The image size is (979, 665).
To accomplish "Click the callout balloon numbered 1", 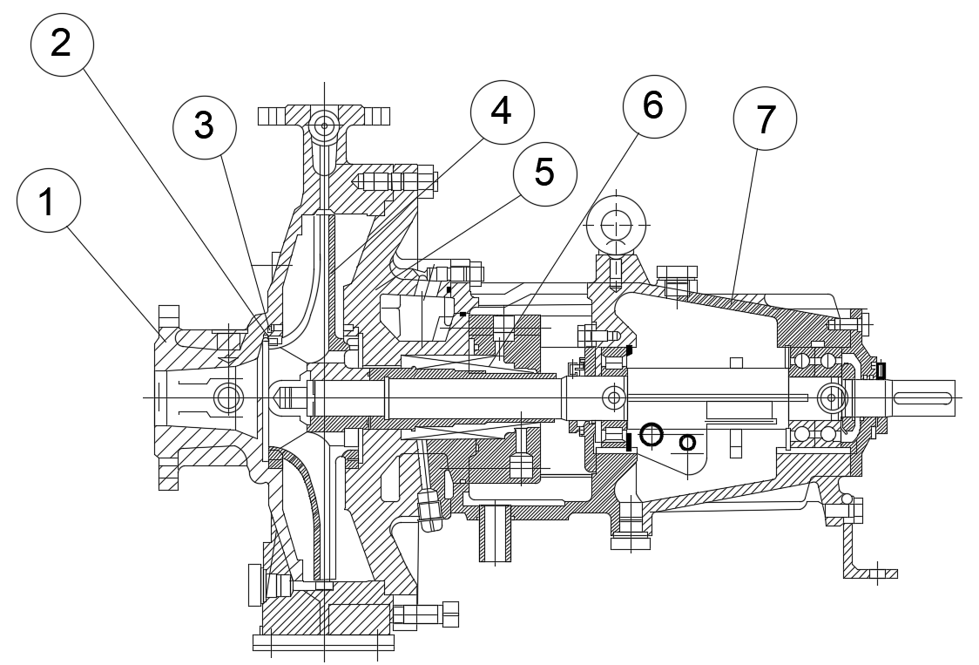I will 49,200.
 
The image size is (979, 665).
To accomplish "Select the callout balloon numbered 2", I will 62,42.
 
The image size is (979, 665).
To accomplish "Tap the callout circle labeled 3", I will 204,126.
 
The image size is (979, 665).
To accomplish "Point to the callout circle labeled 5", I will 544,173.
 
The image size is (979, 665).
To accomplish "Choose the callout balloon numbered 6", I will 653,105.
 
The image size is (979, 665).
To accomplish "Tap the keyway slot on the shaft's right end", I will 921,398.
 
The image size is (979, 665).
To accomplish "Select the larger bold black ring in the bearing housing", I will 651,433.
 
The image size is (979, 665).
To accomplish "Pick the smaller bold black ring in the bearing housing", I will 687,443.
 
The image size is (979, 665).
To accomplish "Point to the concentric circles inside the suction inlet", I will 229,398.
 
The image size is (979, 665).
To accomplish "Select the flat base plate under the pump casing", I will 323,642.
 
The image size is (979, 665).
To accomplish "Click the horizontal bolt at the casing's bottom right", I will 426,614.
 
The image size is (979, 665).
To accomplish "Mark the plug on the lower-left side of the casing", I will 256,584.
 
